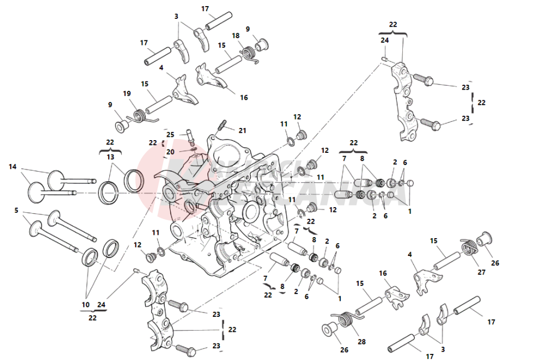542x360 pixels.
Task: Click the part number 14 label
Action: [13, 166]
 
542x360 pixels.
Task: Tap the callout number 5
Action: [17, 210]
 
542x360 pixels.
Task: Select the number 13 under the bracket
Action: [110, 157]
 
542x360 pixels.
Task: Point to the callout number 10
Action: [85, 305]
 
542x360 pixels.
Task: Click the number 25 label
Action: [170, 135]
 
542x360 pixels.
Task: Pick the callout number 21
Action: [242, 131]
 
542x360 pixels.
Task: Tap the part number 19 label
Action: [127, 94]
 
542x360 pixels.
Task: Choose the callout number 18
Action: [236, 35]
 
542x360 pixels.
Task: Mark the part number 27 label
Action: [482, 272]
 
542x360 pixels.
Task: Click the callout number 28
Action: [362, 341]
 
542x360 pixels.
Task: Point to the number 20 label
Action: [170, 152]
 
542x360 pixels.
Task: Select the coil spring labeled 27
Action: [469, 246]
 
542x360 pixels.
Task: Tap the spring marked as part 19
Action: [139, 116]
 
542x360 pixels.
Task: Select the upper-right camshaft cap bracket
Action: [407, 102]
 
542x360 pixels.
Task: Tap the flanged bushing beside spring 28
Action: [329, 330]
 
